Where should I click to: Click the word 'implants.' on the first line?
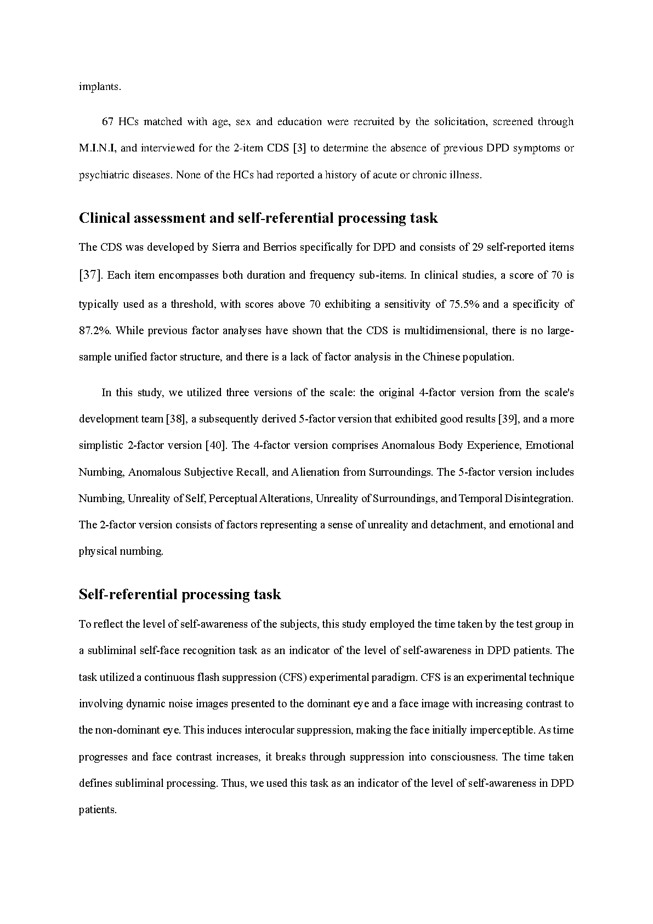[x=99, y=87]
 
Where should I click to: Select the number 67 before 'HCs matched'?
[x=107, y=122]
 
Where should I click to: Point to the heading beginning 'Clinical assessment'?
[x=258, y=218]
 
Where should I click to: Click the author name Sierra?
[x=226, y=247]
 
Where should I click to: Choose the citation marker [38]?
[x=177, y=419]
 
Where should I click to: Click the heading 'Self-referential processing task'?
[x=180, y=594]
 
